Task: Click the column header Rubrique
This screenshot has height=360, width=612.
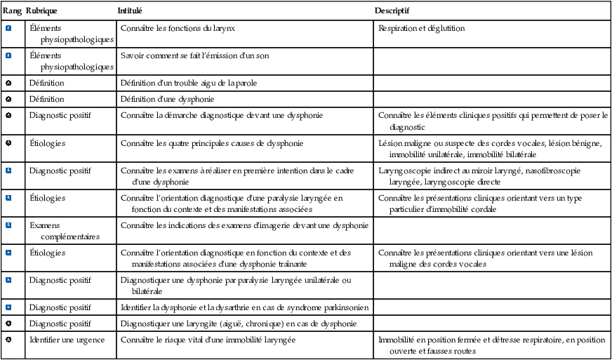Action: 41,11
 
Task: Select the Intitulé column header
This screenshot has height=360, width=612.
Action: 131,11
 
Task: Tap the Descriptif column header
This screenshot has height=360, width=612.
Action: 392,11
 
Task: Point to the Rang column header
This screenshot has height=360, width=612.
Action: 12,11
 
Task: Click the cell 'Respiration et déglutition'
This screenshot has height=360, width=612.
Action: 421,29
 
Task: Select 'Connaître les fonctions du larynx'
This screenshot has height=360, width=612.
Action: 184,29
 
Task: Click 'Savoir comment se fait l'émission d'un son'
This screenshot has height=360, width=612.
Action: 195,55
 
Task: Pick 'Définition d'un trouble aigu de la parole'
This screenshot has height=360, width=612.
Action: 189,83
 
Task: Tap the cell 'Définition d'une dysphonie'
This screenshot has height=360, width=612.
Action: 167,99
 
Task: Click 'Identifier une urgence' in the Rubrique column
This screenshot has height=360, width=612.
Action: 67,340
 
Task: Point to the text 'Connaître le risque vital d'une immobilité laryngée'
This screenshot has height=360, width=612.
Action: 208,340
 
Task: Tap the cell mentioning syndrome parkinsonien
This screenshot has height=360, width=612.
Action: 245,307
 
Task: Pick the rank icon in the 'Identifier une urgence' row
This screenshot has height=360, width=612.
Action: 8,340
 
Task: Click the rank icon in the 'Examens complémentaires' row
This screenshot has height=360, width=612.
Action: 8,225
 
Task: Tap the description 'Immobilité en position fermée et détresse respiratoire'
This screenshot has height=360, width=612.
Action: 491,345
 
